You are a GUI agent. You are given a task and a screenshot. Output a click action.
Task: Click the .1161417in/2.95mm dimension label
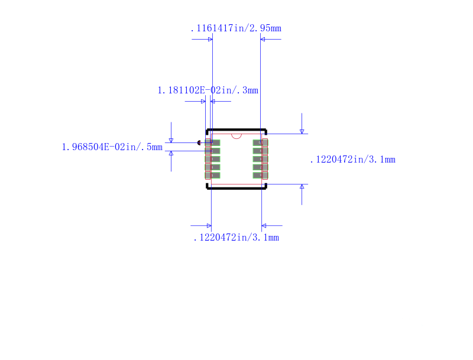click(235, 28)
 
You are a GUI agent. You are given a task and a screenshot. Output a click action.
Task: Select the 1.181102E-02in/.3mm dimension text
click(208, 90)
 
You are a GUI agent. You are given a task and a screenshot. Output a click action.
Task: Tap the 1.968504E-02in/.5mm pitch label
click(112, 147)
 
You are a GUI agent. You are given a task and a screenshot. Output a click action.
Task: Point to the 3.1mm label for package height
click(352, 160)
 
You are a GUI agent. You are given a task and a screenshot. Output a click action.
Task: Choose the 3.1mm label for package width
click(236, 238)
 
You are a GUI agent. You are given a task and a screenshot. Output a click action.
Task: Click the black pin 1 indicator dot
click(199, 142)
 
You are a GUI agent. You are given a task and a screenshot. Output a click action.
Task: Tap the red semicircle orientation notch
click(237, 136)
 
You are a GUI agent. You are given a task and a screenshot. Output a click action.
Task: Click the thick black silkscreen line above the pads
click(237, 129)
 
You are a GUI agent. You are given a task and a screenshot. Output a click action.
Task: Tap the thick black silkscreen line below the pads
click(237, 188)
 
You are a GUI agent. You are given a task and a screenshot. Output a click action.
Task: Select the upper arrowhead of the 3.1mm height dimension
click(302, 131)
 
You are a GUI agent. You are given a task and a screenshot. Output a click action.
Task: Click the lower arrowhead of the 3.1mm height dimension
click(302, 187)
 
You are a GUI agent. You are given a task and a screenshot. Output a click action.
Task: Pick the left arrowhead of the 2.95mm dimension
click(209, 40)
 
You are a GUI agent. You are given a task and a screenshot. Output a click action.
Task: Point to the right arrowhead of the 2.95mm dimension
click(263, 40)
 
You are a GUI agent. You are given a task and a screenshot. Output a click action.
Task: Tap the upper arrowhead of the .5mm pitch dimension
click(171, 140)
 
